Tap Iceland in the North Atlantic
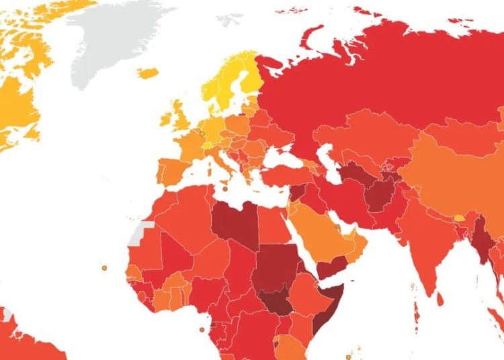click(x=147, y=72)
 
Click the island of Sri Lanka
click(x=441, y=295)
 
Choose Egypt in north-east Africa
click(x=272, y=225)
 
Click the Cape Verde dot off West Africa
click(x=104, y=267)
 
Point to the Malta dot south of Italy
click(x=225, y=188)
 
